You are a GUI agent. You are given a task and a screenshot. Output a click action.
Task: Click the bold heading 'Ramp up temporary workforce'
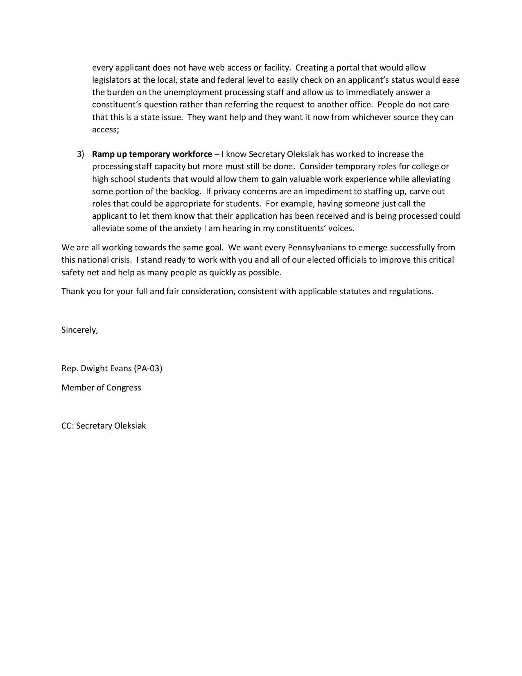coord(152,154)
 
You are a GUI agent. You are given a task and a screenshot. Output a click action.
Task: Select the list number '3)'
coord(80,154)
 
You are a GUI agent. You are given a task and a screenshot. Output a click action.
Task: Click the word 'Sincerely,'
coord(79,330)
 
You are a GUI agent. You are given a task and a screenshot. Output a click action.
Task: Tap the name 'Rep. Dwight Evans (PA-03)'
coord(112,368)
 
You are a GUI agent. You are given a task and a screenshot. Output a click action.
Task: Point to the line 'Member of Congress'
coord(101,388)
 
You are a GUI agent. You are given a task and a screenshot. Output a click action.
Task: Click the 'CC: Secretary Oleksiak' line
coord(104,426)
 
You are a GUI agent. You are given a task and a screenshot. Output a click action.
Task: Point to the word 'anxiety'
coord(188,228)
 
